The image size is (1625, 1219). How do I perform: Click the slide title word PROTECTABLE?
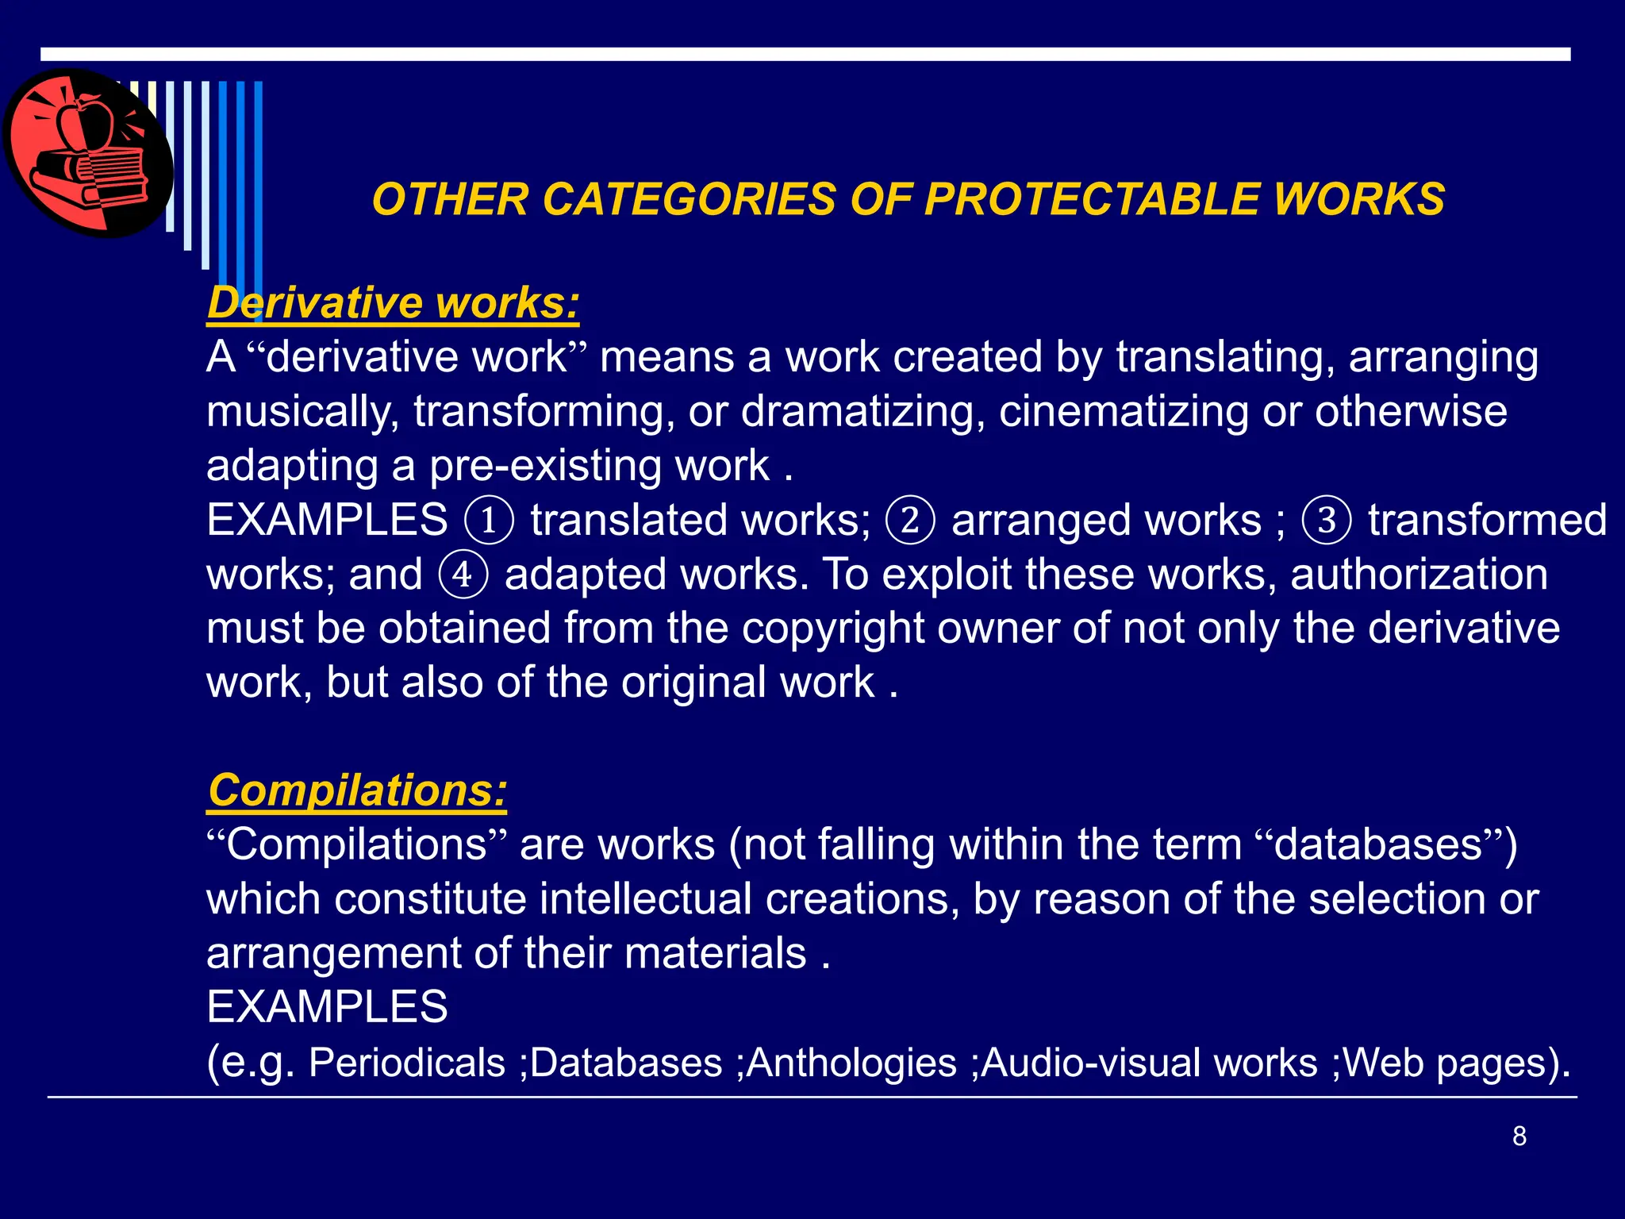point(1091,198)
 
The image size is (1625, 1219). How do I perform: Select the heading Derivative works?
point(393,302)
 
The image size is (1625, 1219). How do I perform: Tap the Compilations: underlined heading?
point(357,790)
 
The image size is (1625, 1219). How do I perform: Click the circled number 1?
point(489,521)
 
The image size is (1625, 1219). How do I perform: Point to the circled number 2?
point(910,521)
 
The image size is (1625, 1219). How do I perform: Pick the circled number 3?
point(1327,521)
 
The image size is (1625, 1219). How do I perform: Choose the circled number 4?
point(463,575)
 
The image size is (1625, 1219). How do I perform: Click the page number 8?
point(1519,1136)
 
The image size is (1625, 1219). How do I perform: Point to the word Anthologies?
point(851,1063)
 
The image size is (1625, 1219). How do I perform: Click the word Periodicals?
point(406,1063)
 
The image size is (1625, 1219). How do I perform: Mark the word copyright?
point(833,629)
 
